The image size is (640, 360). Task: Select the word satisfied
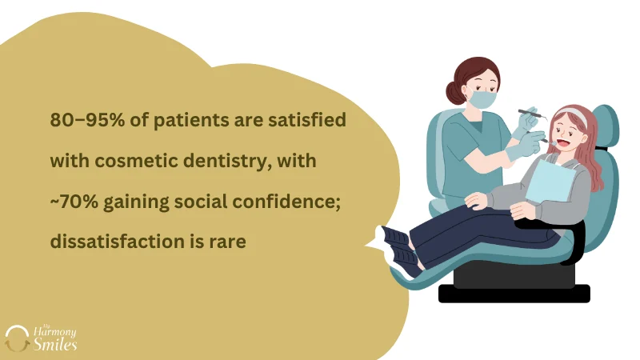(309, 121)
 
